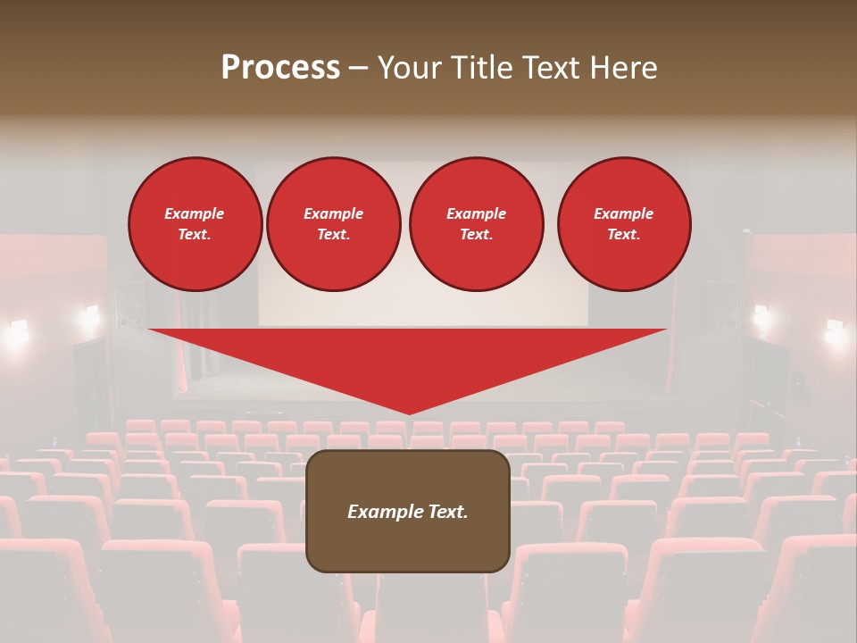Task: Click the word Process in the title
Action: pyautogui.click(x=280, y=68)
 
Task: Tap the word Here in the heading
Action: pyautogui.click(x=624, y=68)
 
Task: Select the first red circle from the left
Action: pyautogui.click(x=195, y=223)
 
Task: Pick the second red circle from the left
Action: pyautogui.click(x=333, y=223)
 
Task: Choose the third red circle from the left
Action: pyautogui.click(x=476, y=223)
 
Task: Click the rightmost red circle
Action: pyautogui.click(x=623, y=223)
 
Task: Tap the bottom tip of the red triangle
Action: pyautogui.click(x=408, y=413)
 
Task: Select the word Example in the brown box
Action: pyautogui.click(x=380, y=512)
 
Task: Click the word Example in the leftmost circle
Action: pyautogui.click(x=195, y=213)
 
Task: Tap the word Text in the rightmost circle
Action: pyautogui.click(x=623, y=234)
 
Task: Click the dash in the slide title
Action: pyautogui.click(x=358, y=69)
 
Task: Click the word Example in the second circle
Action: pyautogui.click(x=333, y=213)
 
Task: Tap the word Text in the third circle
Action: pyautogui.click(x=476, y=234)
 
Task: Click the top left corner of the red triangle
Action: pyautogui.click(x=150, y=330)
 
